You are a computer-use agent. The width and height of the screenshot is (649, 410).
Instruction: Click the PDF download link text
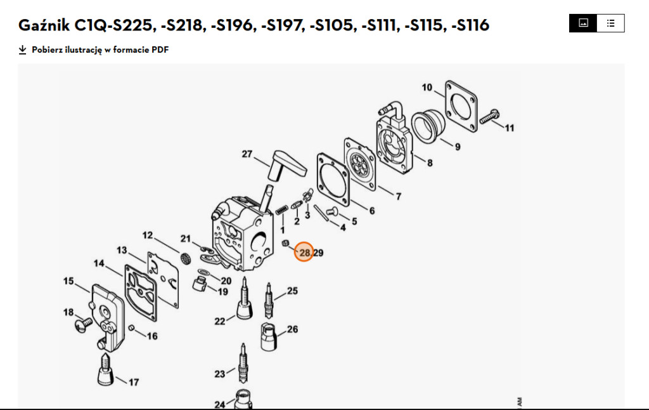[100, 50]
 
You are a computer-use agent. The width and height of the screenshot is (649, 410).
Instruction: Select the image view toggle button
[583, 23]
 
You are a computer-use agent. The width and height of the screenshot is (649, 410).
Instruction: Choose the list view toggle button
[611, 23]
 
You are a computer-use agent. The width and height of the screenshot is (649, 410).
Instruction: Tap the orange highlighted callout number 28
[304, 253]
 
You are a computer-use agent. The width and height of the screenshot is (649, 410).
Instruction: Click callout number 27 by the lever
[247, 154]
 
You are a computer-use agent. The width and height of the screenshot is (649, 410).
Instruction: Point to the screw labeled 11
[489, 117]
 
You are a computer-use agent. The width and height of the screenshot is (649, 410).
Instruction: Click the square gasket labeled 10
[461, 106]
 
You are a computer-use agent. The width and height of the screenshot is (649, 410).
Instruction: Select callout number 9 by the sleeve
[458, 147]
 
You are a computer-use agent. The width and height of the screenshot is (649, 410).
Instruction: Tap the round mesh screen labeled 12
[186, 259]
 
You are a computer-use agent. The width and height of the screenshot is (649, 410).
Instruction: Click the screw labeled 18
[84, 324]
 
